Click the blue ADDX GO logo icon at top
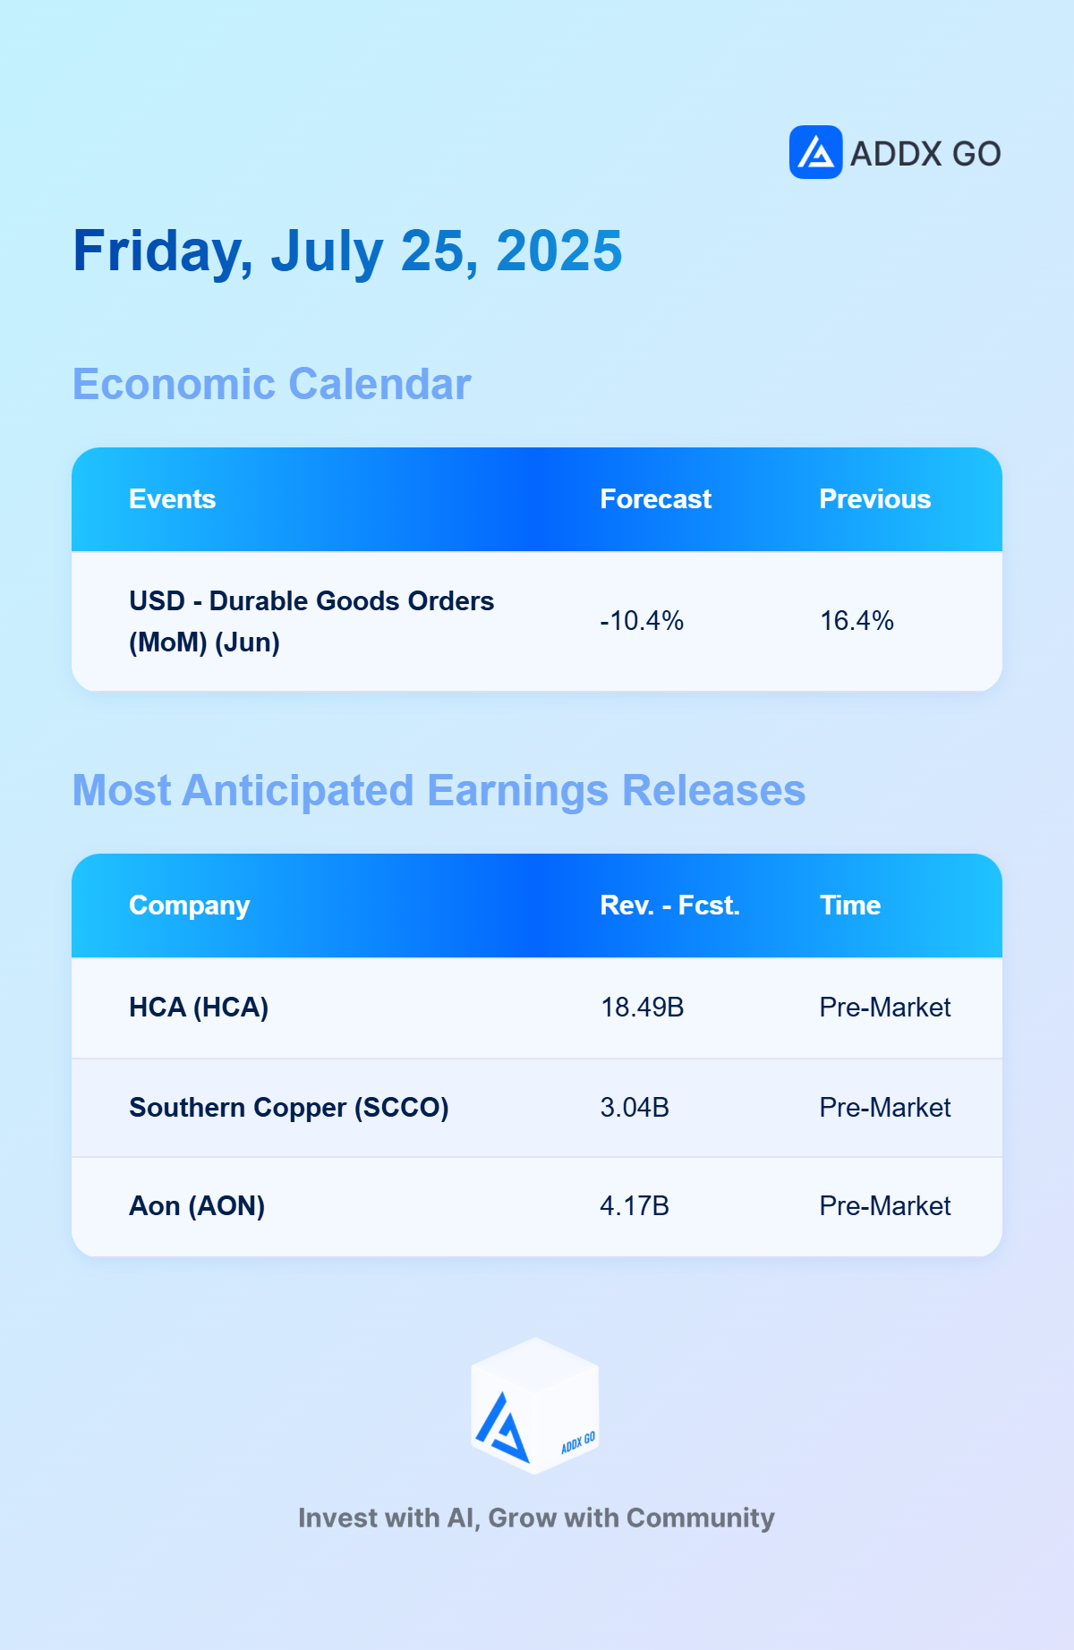815,152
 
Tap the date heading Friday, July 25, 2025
347,251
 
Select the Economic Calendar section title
271,385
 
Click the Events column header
173,499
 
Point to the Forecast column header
656,499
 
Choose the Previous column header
875,499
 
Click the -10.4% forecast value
642,621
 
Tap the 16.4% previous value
857,621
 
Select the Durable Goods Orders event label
311,621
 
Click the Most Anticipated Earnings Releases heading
439,791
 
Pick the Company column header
190,906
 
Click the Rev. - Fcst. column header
670,906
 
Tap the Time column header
850,906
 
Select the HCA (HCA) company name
199,1008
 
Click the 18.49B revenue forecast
643,1008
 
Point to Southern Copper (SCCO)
289,1108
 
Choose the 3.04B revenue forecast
635,1108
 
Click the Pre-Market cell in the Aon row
885,1206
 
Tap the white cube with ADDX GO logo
535,1406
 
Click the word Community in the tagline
701,1518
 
